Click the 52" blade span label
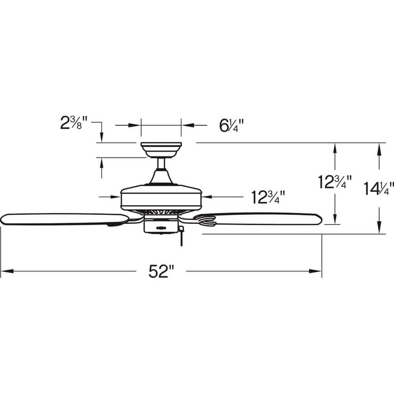(162, 271)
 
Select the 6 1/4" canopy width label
(231, 126)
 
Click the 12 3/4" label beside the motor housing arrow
(268, 197)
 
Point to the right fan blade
(260, 219)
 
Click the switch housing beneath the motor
(161, 226)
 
